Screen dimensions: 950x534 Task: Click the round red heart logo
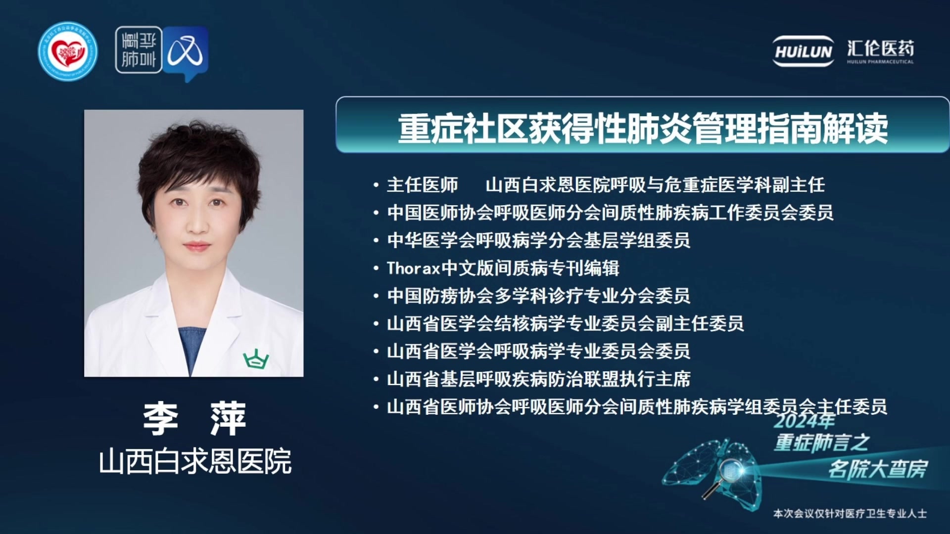click(68, 51)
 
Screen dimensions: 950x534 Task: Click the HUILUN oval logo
click(804, 51)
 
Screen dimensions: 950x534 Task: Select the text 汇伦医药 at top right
click(880, 48)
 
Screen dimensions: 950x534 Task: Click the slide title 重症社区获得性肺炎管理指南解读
click(643, 128)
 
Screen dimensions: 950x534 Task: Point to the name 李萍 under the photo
click(194, 418)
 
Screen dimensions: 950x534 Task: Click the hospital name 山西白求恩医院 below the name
click(195, 461)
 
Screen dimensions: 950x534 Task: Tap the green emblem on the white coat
click(256, 359)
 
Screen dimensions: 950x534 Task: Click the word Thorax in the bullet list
click(413, 268)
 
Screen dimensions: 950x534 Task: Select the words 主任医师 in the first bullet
click(422, 185)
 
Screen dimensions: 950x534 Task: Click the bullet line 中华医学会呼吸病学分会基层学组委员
click(538, 240)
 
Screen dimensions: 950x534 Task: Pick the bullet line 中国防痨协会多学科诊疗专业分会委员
click(538, 296)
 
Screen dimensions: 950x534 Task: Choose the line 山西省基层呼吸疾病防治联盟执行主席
click(538, 379)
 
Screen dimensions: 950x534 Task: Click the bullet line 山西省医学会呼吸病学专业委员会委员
click(538, 351)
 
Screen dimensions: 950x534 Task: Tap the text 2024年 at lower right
click(805, 421)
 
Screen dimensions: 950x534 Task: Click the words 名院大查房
click(878, 469)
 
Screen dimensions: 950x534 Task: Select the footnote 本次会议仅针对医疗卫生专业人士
click(850, 514)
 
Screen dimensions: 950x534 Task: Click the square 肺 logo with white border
click(139, 50)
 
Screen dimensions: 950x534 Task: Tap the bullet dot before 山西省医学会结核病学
click(376, 324)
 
